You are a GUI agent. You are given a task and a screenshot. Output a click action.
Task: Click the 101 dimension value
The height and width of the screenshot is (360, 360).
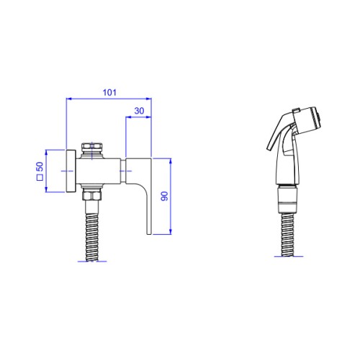(109, 92)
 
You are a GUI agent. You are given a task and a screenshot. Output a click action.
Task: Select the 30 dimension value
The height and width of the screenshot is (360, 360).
(139, 111)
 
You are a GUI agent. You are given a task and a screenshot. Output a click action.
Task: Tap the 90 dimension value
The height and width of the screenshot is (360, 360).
(164, 196)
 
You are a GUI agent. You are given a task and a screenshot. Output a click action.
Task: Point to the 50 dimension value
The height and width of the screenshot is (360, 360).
(40, 166)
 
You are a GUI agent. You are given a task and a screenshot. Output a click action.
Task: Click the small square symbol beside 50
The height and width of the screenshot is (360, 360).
(40, 177)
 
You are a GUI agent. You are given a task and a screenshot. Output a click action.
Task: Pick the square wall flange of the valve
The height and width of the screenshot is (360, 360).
(71, 171)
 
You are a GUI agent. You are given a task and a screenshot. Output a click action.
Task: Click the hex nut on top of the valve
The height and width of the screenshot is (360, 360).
(92, 146)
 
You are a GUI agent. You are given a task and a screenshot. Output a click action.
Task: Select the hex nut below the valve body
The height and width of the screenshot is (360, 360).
(92, 195)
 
